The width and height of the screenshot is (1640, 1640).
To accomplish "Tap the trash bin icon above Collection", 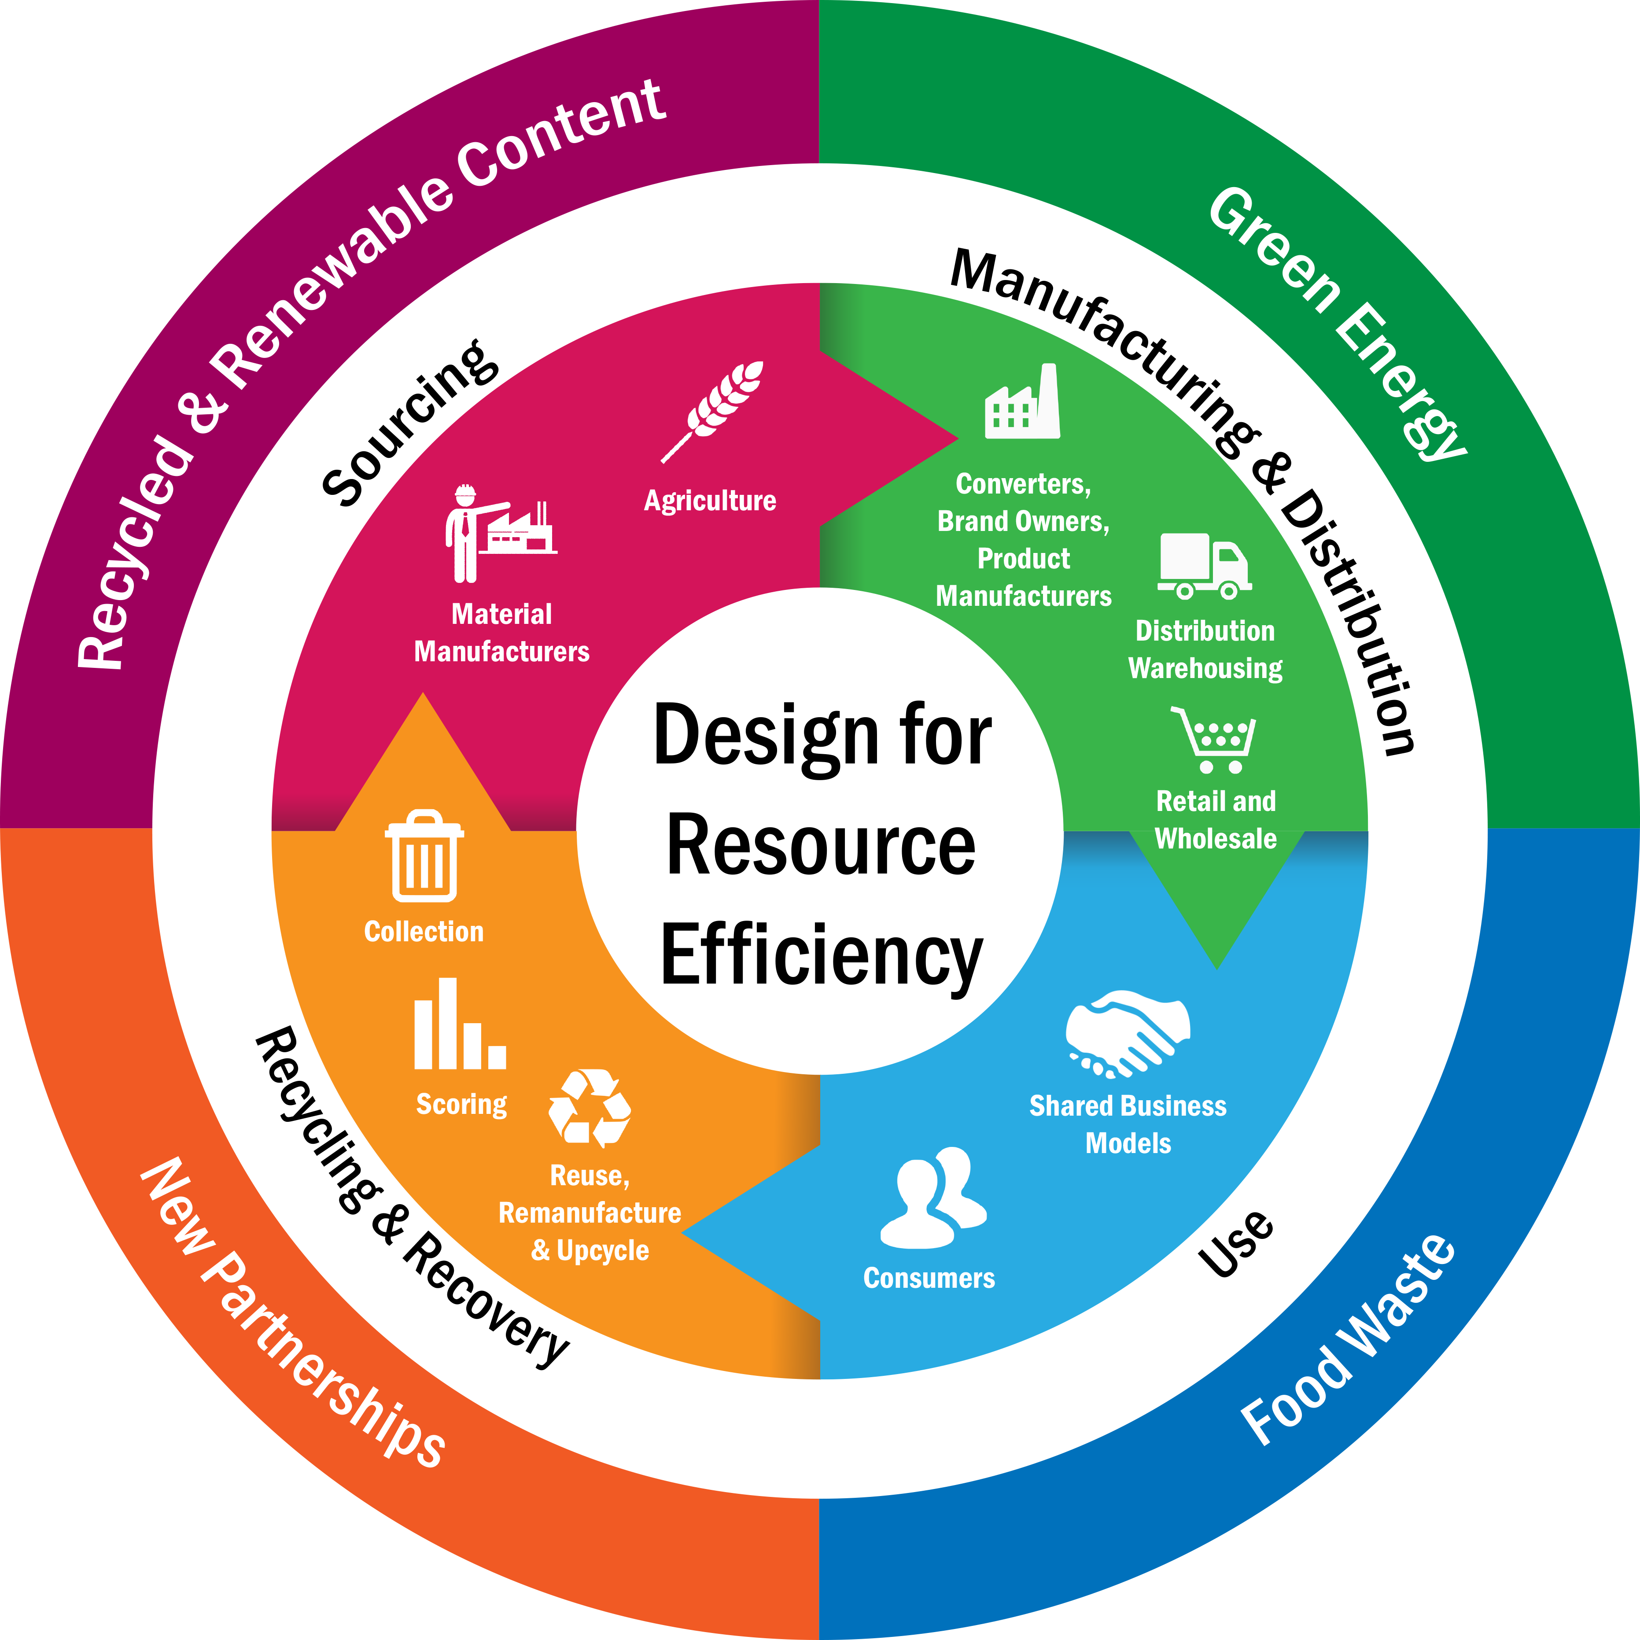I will click(424, 855).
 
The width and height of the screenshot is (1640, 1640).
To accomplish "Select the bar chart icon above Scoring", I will click(459, 1025).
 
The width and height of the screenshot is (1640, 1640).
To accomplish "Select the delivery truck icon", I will click(1204, 566).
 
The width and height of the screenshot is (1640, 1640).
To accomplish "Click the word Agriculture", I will click(710, 501).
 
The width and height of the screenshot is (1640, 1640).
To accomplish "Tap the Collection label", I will click(424, 931).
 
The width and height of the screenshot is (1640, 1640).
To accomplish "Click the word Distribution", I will click(1205, 631).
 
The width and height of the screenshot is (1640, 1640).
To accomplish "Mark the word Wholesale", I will click(1216, 839).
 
